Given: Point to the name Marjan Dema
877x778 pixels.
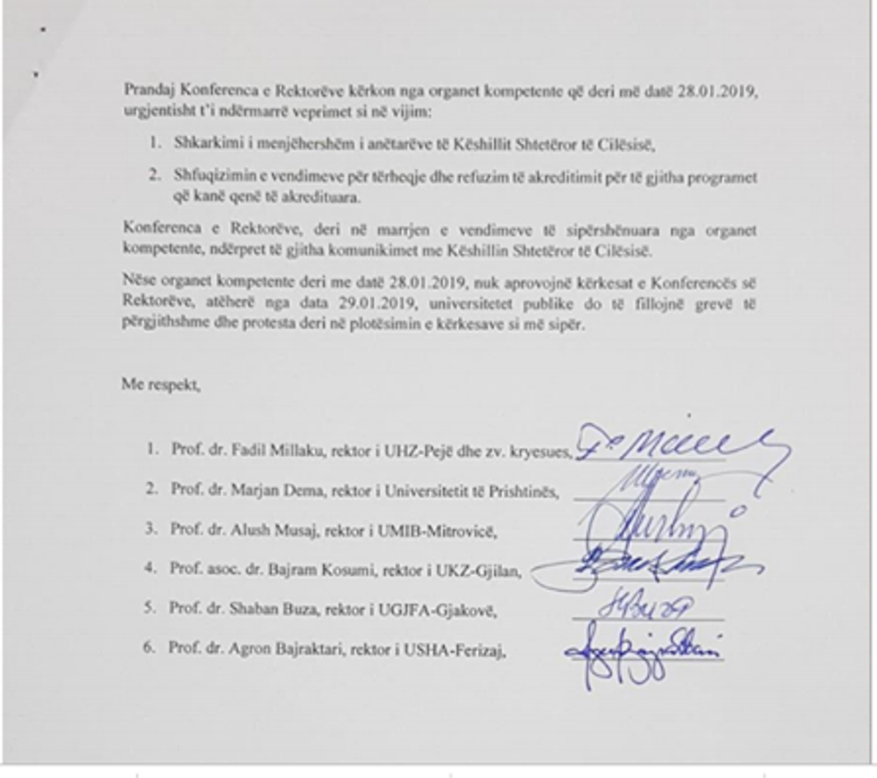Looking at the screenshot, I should click(x=269, y=490).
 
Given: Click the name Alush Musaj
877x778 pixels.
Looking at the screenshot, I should click(x=266, y=529).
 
